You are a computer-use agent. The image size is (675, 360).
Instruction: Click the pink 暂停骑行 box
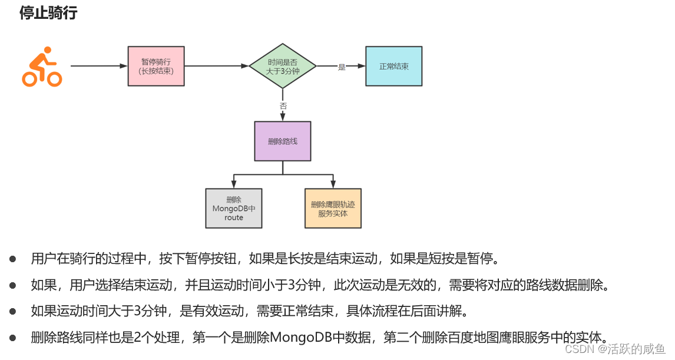point(156,66)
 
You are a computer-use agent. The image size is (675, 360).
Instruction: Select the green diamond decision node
point(283,66)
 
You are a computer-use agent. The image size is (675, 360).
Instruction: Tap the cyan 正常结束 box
point(393,67)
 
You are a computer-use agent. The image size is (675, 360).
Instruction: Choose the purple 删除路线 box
point(283,141)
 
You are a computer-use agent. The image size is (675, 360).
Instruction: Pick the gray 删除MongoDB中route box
point(233,209)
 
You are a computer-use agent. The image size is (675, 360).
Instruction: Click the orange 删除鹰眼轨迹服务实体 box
point(333,209)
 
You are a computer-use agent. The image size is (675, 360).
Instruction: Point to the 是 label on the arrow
point(342,67)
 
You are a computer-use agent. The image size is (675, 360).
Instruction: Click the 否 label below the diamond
point(283,106)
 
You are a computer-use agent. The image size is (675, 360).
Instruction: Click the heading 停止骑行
point(48,13)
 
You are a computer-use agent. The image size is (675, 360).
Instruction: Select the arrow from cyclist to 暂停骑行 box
point(98,66)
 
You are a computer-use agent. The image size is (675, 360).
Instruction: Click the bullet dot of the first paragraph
point(12,259)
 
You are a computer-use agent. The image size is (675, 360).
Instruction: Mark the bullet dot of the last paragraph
point(12,338)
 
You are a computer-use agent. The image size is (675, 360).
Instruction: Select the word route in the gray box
point(233,217)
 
